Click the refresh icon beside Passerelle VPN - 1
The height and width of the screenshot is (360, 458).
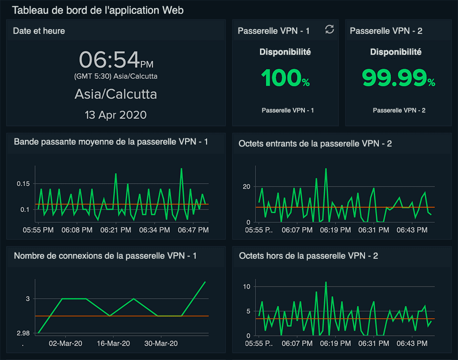click(x=330, y=30)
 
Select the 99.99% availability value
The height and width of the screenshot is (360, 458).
click(x=398, y=78)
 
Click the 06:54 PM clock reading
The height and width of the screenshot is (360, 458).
click(x=116, y=60)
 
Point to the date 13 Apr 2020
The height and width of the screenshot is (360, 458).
click(x=115, y=115)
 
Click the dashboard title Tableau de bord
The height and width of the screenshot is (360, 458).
click(x=98, y=10)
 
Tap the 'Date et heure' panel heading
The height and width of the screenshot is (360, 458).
click(x=39, y=31)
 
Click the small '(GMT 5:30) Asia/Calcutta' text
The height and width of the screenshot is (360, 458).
click(x=116, y=76)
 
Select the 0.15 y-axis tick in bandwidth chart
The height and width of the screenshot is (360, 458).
click(x=23, y=184)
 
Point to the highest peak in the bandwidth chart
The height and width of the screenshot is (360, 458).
click(x=181, y=169)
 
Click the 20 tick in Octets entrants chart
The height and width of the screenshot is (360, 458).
click(x=246, y=186)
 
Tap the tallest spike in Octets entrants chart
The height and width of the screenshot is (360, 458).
click(x=326, y=169)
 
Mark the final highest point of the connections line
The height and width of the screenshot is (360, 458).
click(x=205, y=282)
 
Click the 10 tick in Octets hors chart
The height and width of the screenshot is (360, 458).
click(x=246, y=286)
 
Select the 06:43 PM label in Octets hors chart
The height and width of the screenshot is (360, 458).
click(x=412, y=343)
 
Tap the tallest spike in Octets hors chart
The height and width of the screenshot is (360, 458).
click(x=326, y=282)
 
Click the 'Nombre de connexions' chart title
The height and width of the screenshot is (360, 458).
click(x=105, y=256)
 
